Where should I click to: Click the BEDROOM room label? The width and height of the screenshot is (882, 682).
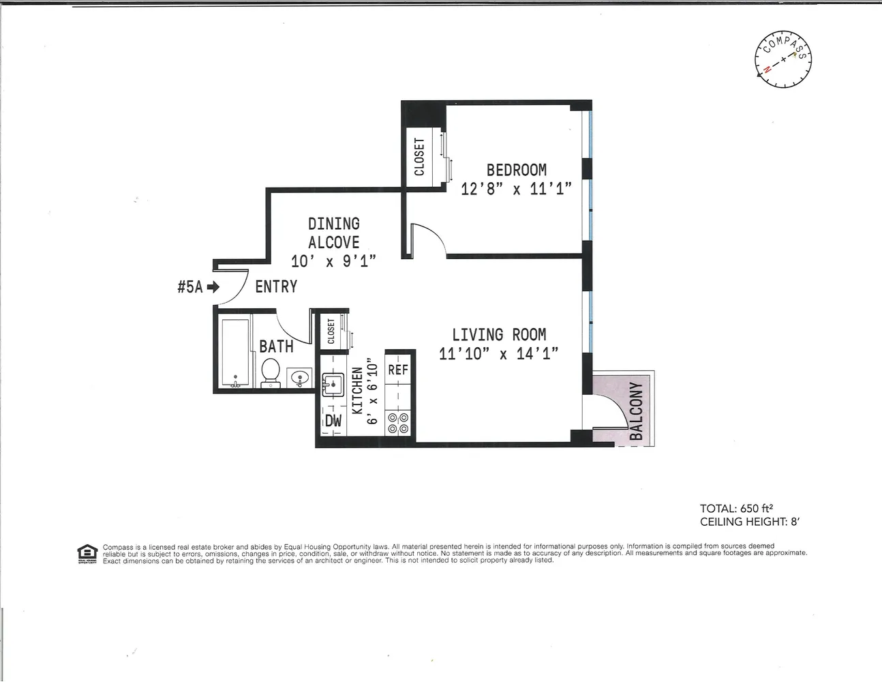point(516,169)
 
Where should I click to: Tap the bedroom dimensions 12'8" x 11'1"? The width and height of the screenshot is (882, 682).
point(516,189)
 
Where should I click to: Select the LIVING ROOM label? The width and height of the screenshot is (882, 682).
point(499,334)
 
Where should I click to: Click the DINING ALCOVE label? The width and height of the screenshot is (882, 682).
point(333,233)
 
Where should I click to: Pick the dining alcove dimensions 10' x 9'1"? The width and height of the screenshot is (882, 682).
point(333,261)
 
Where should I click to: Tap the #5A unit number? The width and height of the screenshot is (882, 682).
point(189,287)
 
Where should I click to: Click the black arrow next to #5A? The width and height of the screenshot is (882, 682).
point(213,287)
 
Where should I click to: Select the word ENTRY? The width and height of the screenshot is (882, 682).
point(276,286)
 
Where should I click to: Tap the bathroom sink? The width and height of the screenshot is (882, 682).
point(299,377)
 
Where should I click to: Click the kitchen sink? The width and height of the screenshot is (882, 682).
point(333,384)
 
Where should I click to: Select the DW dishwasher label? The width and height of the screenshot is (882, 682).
point(333,421)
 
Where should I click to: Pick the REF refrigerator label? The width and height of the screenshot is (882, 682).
point(398,370)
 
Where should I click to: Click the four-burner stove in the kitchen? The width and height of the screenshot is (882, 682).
point(397,423)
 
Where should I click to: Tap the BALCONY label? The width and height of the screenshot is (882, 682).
point(636,411)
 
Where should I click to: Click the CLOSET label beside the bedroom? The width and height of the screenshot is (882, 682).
point(419,157)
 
